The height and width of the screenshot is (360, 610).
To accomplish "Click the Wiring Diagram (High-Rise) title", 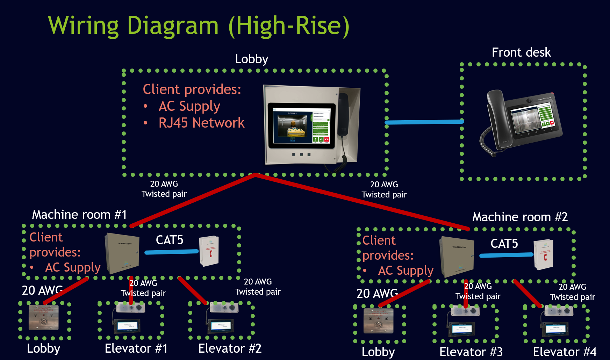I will (199, 26).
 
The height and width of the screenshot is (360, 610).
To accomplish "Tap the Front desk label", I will (521, 52).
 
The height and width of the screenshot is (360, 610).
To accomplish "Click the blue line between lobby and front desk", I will (424, 122).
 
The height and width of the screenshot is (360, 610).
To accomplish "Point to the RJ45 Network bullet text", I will (201, 123).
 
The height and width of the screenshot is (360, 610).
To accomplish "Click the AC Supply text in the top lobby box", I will (189, 106).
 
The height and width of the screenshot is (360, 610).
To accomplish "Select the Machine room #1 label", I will (79, 214).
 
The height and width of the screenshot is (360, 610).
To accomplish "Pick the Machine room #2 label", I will (520, 217).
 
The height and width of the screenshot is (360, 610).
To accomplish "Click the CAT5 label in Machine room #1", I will (170, 240).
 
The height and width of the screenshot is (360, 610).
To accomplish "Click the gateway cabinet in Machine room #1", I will (123, 253).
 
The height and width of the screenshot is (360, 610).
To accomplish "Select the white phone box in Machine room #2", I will (544, 254).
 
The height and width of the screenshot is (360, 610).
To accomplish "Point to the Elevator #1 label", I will (136, 348).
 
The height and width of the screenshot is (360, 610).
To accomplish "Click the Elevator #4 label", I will (565, 352).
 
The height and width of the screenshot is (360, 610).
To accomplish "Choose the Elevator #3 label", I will (471, 352).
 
